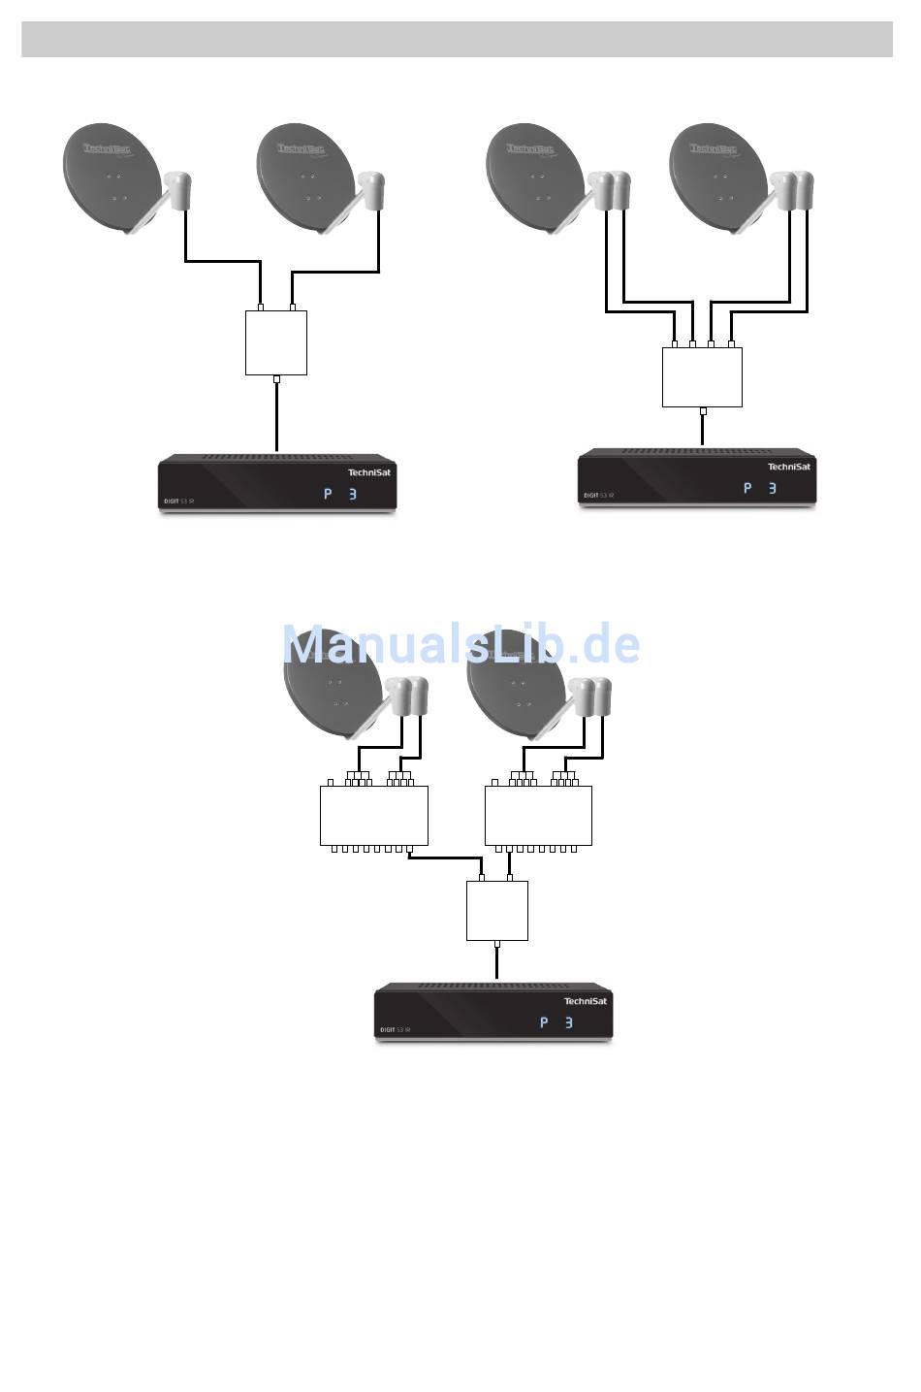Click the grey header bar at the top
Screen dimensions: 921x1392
click(457, 40)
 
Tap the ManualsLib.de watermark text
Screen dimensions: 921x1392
click(460, 644)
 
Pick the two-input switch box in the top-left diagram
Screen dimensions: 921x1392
click(276, 342)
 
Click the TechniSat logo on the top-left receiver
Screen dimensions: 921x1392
click(369, 472)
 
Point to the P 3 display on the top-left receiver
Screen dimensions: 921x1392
click(340, 495)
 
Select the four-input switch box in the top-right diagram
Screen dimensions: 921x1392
click(702, 377)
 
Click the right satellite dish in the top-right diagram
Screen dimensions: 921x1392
click(717, 178)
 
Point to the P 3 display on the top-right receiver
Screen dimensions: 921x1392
click(760, 488)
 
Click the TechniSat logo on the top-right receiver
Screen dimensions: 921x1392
click(789, 467)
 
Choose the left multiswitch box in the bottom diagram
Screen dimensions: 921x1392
click(373, 816)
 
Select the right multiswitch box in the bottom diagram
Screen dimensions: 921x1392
click(538, 816)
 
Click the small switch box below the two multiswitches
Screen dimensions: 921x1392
click(497, 910)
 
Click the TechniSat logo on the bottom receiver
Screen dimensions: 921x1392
click(586, 1001)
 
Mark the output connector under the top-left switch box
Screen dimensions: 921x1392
click(277, 379)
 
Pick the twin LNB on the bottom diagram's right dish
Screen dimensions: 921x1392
click(591, 696)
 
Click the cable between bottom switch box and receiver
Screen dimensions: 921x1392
click(497, 963)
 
